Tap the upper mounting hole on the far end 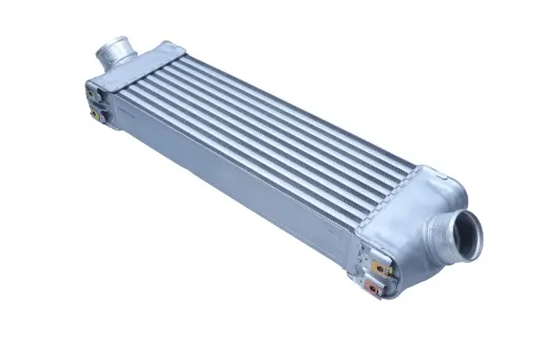pyautogui.click(x=94, y=90)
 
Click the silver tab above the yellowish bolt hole pyautogui.click(x=374, y=253)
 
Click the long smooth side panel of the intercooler pyautogui.click(x=225, y=180)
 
